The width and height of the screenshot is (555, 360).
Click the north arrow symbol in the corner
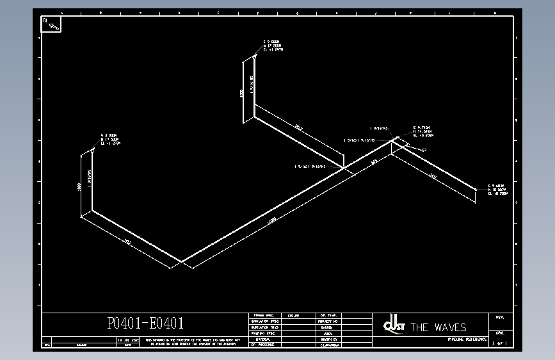(52, 24)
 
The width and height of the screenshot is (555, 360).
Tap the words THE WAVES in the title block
(438, 327)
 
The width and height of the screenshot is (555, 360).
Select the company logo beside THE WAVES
(393, 325)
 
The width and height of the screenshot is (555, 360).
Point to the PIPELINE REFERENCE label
(467, 338)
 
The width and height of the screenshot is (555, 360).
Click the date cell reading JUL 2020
(127, 340)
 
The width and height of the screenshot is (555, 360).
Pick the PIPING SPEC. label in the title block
(263, 316)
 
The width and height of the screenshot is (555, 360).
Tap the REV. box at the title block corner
(500, 316)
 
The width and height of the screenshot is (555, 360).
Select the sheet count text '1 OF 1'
(499, 344)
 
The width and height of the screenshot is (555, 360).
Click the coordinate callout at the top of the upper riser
(273, 46)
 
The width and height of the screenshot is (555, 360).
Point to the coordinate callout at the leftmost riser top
(110, 139)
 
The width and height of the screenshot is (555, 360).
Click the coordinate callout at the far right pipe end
(497, 189)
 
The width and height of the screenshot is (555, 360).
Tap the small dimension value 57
(424, 150)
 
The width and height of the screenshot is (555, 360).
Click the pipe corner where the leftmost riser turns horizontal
(92, 210)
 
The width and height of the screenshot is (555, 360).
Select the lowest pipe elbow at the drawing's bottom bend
(182, 261)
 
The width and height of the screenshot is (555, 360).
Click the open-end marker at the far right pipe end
(477, 189)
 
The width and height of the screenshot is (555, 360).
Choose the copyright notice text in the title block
(193, 341)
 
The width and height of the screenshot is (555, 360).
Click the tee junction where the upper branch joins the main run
(344, 168)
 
